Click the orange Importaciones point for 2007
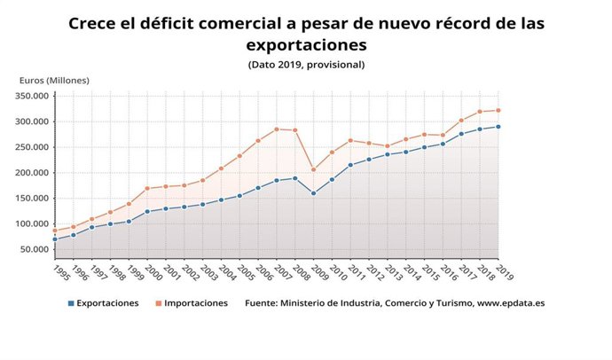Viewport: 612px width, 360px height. [277, 129]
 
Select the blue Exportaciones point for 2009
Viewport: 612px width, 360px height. [313, 193]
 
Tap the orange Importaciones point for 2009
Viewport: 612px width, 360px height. [313, 169]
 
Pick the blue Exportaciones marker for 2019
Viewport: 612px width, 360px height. [498, 127]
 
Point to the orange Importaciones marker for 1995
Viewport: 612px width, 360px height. [55, 231]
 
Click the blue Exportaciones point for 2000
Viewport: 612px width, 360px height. [147, 212]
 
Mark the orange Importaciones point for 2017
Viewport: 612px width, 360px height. [461, 121]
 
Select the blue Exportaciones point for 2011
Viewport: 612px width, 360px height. [350, 165]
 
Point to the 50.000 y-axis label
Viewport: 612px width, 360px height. [36, 249]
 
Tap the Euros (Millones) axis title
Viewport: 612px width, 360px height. [54, 81]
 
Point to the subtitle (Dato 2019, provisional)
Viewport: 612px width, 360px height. [306, 64]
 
